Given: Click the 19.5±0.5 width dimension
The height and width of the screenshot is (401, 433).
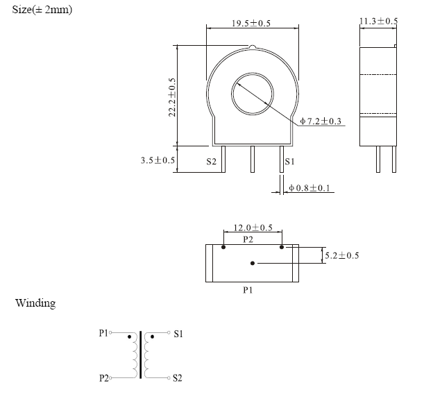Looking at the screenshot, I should [x=251, y=24].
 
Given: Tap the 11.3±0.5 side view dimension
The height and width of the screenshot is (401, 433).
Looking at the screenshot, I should [x=378, y=22].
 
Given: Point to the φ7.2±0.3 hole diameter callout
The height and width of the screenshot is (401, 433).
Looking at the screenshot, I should [x=321, y=121].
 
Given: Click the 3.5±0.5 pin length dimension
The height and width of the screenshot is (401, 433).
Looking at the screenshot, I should [x=158, y=160].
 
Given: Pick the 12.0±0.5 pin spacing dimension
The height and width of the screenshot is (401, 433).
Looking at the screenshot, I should [x=253, y=228].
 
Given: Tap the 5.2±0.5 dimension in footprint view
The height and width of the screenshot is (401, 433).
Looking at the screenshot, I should [x=342, y=255].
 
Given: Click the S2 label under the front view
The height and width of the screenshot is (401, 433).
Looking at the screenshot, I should [x=212, y=162].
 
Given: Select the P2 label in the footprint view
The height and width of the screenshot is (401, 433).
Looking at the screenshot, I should [x=248, y=238].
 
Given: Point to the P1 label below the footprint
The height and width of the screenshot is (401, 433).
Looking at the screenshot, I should [x=248, y=290].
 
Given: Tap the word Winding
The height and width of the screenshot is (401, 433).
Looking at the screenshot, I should [x=35, y=303].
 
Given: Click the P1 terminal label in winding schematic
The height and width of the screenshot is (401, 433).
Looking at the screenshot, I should [x=104, y=333].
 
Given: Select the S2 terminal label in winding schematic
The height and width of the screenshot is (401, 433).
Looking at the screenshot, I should [x=178, y=378].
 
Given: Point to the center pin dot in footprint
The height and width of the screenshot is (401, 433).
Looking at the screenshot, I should [x=253, y=263].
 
